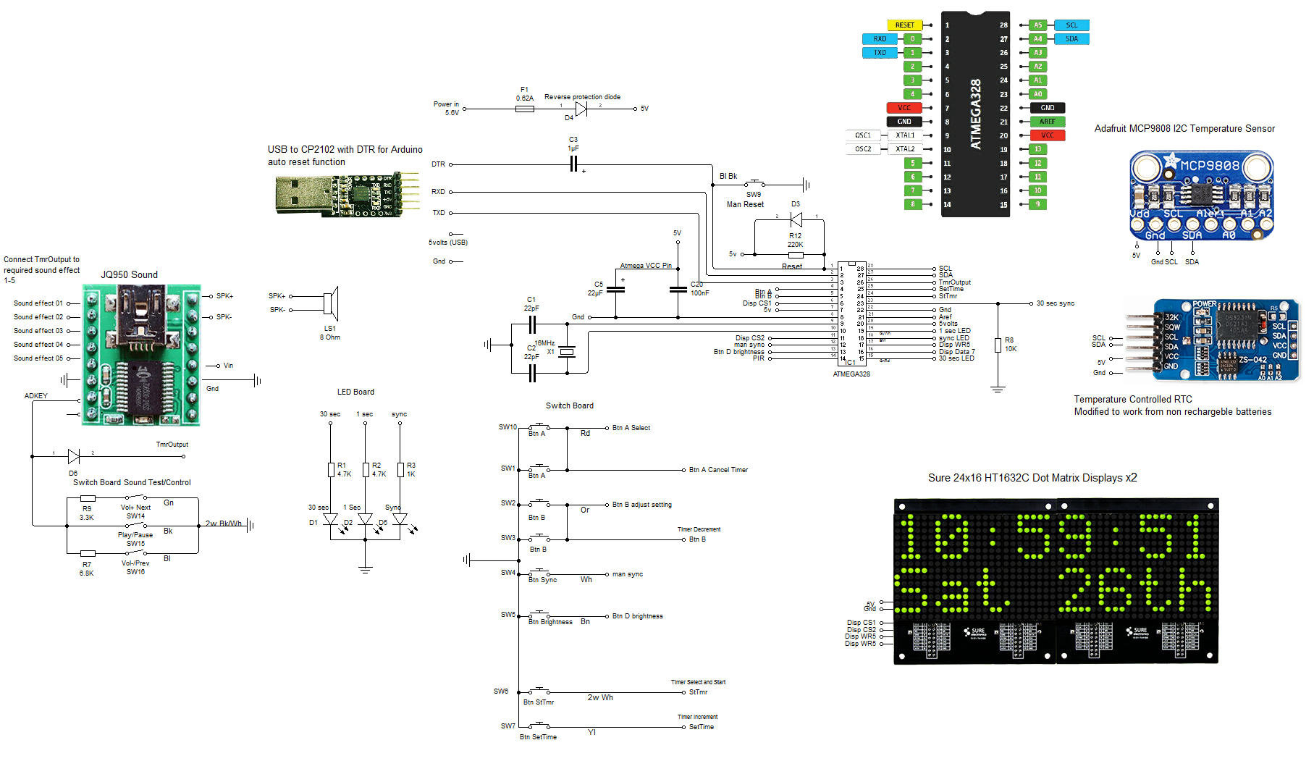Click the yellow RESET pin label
904,25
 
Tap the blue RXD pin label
880,39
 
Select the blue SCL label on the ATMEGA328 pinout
1071,25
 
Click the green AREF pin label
1047,122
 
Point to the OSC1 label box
863,135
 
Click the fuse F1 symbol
525,109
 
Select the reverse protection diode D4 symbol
581,109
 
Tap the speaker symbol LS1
331,303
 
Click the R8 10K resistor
998,345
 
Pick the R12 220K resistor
796,254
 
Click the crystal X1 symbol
567,352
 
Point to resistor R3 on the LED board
400,469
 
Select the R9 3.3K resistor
88,498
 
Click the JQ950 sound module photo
141,355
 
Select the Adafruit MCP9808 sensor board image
1201,194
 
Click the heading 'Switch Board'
569,405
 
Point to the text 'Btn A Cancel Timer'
718,470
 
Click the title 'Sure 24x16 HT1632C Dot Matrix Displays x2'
1032,478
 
